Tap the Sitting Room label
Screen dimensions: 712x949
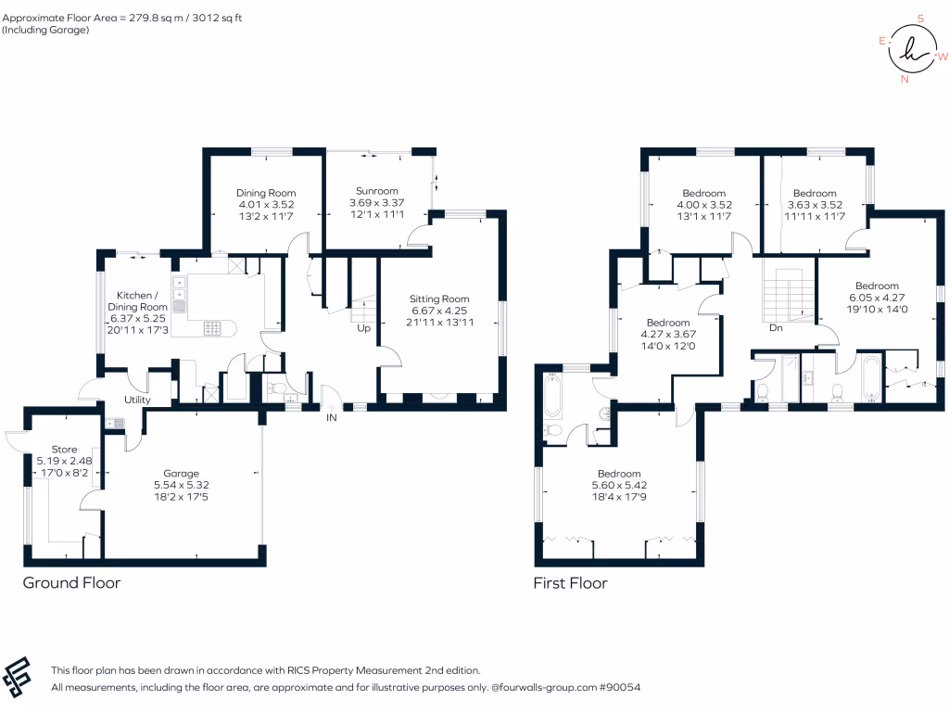pos(440,299)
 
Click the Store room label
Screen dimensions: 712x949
pos(64,449)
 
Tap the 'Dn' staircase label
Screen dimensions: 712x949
pos(778,328)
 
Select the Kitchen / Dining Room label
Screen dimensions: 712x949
pos(135,300)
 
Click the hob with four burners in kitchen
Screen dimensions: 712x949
pos(212,328)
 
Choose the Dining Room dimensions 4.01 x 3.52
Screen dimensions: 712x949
pos(265,205)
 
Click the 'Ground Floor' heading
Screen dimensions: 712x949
pos(71,583)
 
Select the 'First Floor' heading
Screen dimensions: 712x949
pos(570,583)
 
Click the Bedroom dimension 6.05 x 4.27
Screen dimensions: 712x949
pos(877,298)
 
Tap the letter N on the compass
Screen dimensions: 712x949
pos(905,80)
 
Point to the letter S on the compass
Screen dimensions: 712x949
pos(920,18)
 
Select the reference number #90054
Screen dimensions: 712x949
pos(620,688)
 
